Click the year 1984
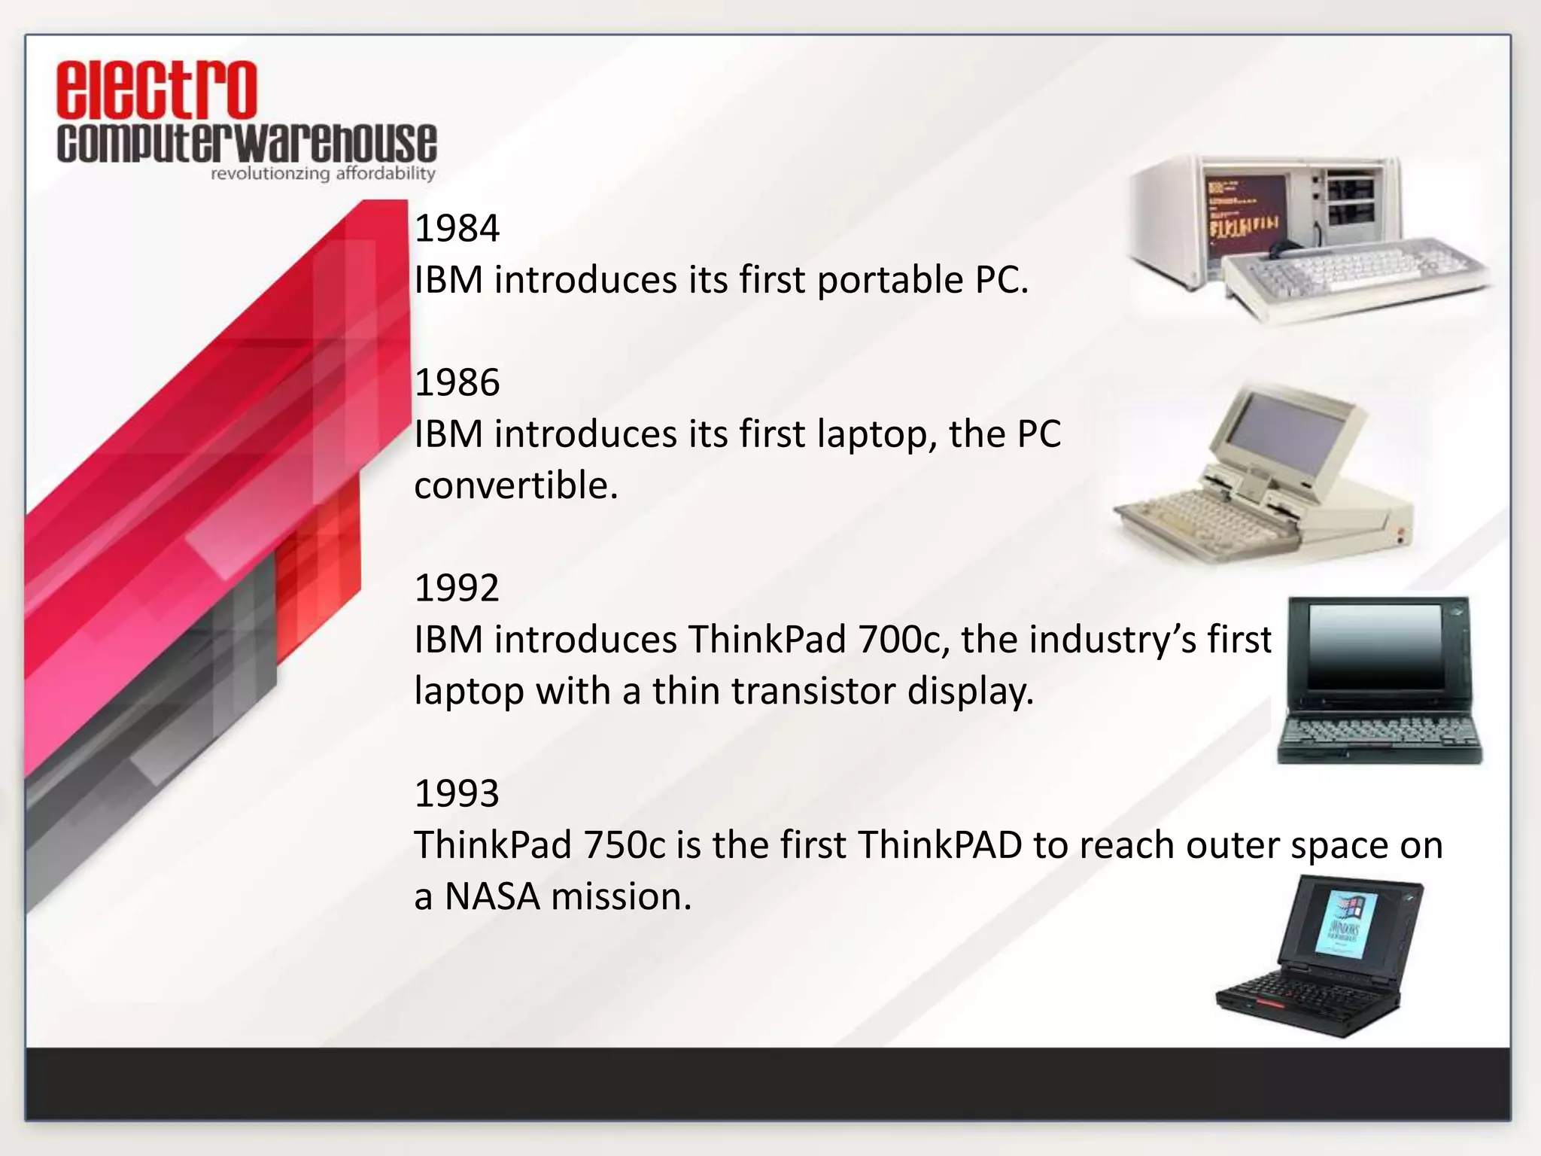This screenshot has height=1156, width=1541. [x=457, y=228]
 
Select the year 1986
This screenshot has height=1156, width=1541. [x=457, y=382]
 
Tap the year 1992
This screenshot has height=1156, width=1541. [x=457, y=588]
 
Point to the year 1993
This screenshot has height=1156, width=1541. [x=457, y=793]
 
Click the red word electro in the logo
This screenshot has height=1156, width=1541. [x=157, y=90]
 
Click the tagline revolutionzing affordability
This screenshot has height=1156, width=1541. [x=323, y=174]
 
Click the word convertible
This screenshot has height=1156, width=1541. [x=515, y=485]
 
